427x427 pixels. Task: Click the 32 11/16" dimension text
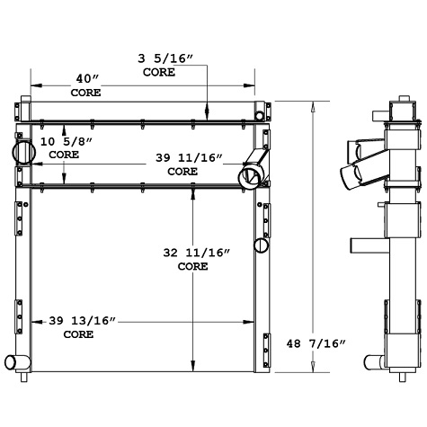tap(192, 254)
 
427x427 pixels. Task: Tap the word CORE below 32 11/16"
tap(192, 266)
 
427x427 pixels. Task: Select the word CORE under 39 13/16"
tap(79, 334)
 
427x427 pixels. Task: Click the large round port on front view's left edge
tap(23, 147)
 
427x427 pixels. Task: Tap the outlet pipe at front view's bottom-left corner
tap(16, 362)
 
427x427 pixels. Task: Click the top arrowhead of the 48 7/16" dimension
tap(312, 104)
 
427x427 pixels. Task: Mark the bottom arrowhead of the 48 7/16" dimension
tap(312, 366)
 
